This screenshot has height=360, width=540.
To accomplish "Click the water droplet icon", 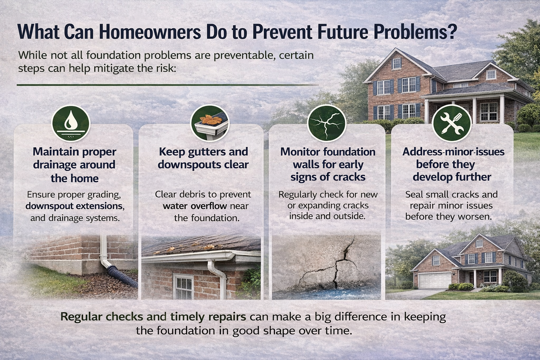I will pos(71,123).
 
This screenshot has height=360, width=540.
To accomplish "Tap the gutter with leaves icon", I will pos(210,123).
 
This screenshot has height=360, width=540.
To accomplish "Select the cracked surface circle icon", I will pos(327,123).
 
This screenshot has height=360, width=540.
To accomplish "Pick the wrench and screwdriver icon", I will pos(451,123).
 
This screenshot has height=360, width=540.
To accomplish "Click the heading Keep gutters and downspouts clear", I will pos(203,158).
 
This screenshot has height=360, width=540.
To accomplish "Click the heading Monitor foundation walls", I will pos(328,158).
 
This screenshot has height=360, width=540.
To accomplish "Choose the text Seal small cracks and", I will pos(451,194).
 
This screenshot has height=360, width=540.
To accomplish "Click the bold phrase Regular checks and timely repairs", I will pos(153,317).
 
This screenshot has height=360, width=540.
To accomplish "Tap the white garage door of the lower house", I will pos(435,281).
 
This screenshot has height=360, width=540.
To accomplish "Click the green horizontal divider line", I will pos(167,85).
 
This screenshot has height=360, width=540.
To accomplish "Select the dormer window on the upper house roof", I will pos(397,63).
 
